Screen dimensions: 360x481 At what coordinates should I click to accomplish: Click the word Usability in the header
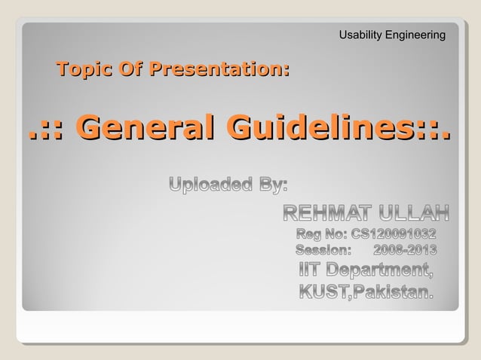[360, 35]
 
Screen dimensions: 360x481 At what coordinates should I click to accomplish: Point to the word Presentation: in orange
[219, 72]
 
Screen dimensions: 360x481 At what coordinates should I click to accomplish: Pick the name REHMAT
[329, 212]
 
